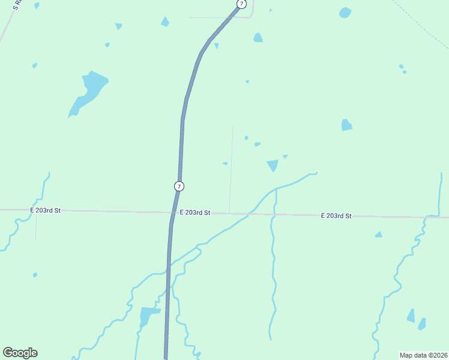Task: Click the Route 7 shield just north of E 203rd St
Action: click(179, 186)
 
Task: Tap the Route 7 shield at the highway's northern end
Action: click(241, 4)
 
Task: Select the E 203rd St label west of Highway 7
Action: click(46, 210)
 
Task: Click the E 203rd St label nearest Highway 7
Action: click(194, 212)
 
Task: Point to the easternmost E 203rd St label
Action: click(336, 215)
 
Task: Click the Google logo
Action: click(20, 353)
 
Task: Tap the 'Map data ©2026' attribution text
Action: click(424, 355)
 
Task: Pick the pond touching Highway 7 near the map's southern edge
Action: click(148, 314)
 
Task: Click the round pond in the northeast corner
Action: click(345, 13)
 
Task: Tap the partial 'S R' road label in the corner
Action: click(16, 5)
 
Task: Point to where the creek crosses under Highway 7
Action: click(169, 265)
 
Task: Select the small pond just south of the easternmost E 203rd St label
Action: click(378, 235)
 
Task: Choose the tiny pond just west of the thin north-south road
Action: click(225, 163)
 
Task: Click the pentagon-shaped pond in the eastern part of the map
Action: click(346, 125)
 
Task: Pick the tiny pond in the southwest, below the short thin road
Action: click(35, 275)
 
